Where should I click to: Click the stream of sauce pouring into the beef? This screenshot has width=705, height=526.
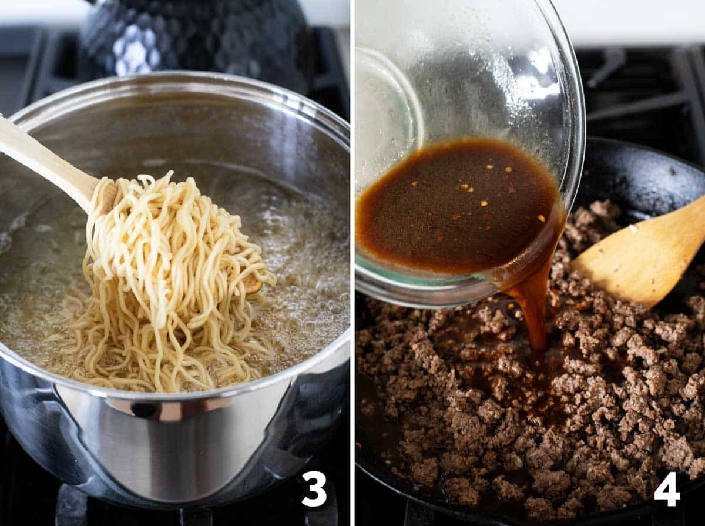[533, 309]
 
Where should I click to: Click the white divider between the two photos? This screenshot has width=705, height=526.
[352, 263]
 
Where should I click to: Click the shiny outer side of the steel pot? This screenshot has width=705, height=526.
[193, 450]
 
